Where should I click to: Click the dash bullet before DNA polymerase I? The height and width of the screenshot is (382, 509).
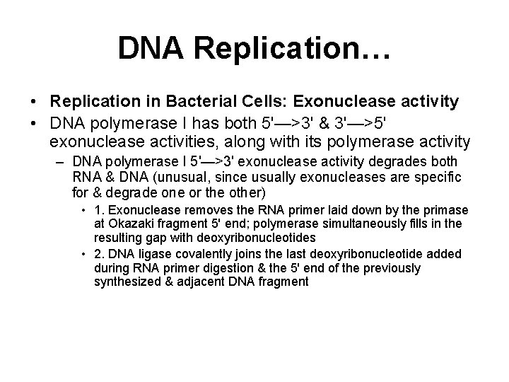62,162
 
